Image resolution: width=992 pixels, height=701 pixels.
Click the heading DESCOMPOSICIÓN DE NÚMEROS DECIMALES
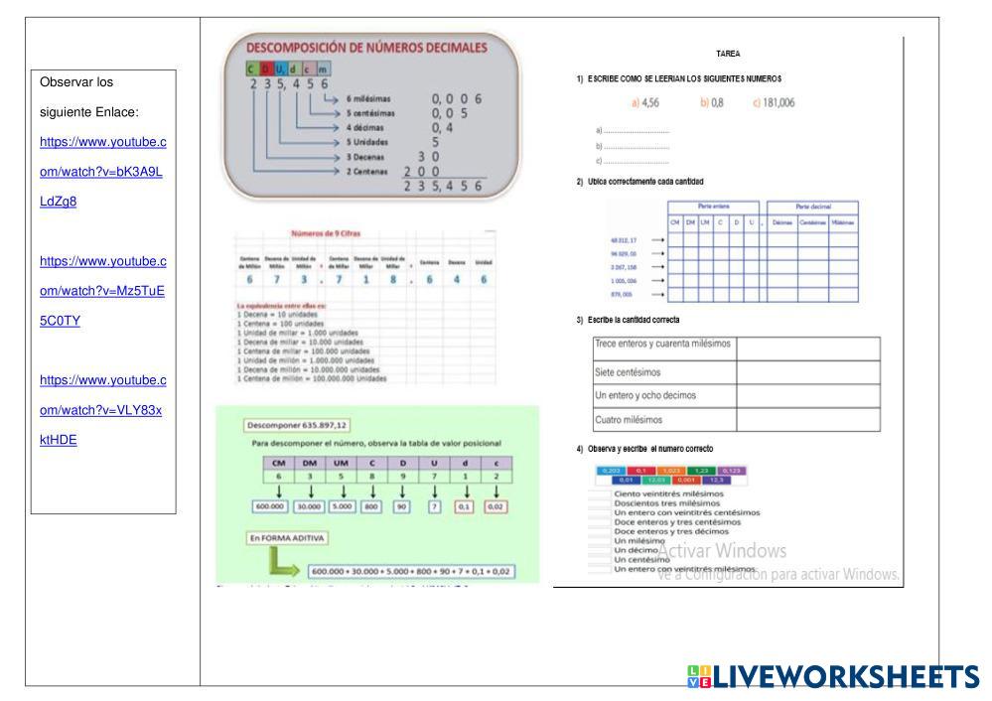coord(366,47)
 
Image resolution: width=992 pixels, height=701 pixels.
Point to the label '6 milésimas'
coord(372,99)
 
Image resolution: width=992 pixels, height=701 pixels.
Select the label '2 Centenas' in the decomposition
coord(369,171)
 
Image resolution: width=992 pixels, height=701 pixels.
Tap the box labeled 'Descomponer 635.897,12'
coord(288,425)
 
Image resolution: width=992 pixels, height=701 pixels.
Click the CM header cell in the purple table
coord(279,462)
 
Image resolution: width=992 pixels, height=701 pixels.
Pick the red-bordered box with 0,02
coord(495,507)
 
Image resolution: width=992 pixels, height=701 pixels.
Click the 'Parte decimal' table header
coord(812,206)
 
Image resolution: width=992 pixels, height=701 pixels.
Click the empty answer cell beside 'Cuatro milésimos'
coord(807,420)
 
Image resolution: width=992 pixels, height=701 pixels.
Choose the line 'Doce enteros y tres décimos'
coord(670,531)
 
